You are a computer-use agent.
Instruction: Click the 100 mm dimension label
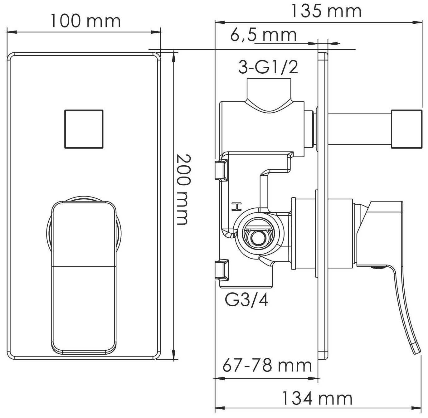pyautogui.click(x=86, y=21)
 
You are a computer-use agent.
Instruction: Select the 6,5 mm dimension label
pyautogui.click(x=264, y=35)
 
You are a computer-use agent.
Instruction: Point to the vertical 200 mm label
pyautogui.click(x=183, y=189)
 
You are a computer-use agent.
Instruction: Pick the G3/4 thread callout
pyautogui.click(x=246, y=300)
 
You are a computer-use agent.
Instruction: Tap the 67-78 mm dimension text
pyautogui.click(x=267, y=366)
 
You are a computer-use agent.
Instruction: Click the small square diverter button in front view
pyautogui.click(x=84, y=129)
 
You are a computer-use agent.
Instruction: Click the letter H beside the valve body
pyautogui.click(x=236, y=207)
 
